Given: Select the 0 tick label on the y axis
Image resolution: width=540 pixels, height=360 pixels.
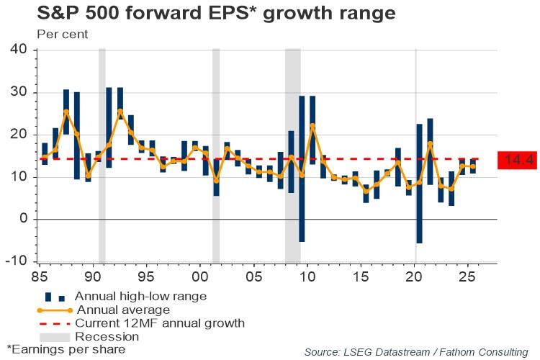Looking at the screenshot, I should (22, 219).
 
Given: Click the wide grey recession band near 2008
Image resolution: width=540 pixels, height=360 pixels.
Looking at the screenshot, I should (292, 155).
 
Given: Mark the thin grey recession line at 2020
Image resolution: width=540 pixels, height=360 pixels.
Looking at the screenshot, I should (415, 155).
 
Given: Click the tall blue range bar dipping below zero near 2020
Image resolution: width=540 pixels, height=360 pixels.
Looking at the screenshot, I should (419, 184).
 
